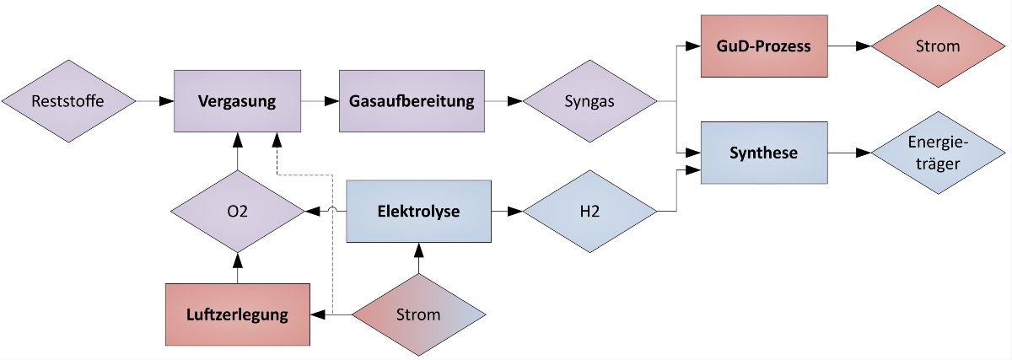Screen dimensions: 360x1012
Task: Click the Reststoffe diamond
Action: [x=67, y=101]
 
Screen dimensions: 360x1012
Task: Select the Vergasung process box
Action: [x=237, y=101]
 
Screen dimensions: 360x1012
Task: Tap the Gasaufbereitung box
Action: [x=412, y=101]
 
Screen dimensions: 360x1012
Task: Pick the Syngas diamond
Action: [x=589, y=101]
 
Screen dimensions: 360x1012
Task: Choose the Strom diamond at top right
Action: [x=938, y=46]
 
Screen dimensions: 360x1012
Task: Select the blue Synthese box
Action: [x=764, y=153]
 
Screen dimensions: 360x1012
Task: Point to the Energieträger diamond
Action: [x=938, y=153]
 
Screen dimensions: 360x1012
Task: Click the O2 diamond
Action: [x=237, y=212]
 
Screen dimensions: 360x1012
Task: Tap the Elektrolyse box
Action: [x=418, y=211]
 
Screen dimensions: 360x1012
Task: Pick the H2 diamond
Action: [x=589, y=211]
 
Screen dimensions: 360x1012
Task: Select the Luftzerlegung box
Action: [x=237, y=315]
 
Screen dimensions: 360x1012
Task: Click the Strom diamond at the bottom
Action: [x=418, y=315]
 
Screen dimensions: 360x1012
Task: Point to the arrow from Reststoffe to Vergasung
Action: [x=155, y=101]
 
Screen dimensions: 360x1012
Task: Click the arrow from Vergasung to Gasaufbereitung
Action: [x=320, y=101]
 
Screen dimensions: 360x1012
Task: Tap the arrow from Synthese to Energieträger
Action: [x=850, y=153]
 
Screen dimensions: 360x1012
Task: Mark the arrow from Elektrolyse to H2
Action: [x=507, y=211]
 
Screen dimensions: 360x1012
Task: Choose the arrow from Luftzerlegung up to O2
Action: [x=237, y=268]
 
